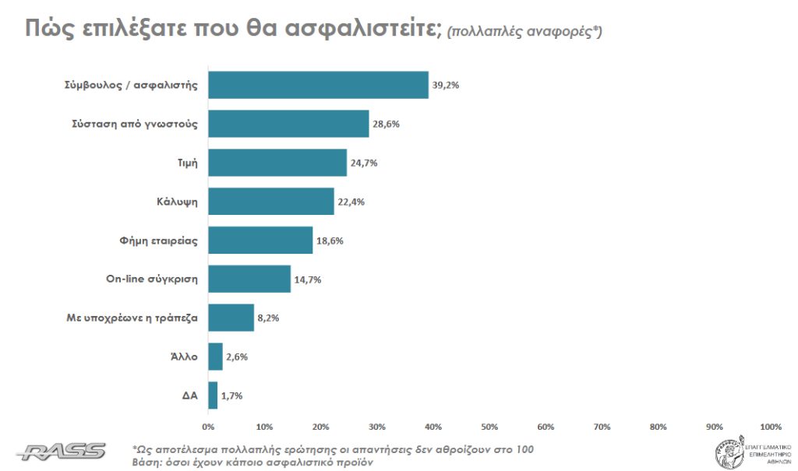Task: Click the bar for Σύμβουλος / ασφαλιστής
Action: [x=318, y=85]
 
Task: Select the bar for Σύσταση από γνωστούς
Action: [x=288, y=124]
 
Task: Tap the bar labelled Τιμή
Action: [x=277, y=163]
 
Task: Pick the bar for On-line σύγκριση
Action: [x=249, y=279]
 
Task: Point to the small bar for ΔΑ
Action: [x=213, y=395]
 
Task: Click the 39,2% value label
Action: [x=447, y=85]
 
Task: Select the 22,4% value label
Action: [x=352, y=202]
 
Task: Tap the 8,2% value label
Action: [x=268, y=318]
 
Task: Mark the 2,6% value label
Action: [x=238, y=357]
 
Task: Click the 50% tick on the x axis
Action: [x=489, y=427]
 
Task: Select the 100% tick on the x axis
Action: [x=770, y=427]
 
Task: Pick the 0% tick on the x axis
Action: [x=208, y=427]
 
